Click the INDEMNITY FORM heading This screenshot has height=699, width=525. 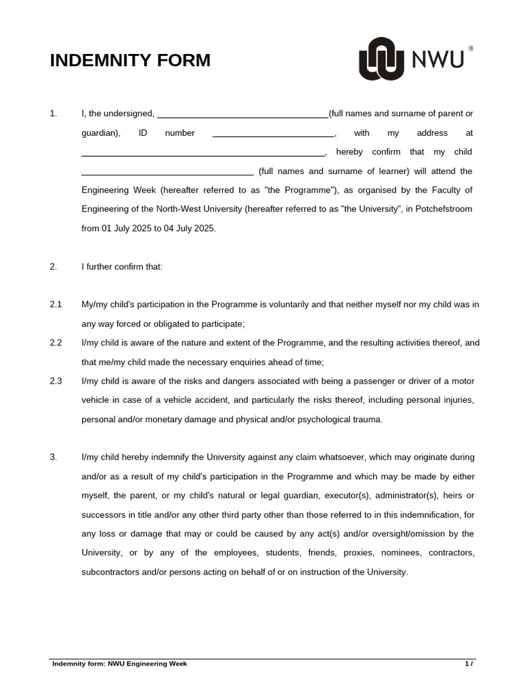tap(130, 61)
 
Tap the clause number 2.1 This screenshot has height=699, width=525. tap(55, 304)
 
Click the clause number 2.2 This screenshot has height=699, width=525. tap(55, 343)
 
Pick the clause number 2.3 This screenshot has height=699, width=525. tap(55, 381)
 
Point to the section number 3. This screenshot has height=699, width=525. tap(53, 457)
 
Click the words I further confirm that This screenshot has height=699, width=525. tap(122, 267)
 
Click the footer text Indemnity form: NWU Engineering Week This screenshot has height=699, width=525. tap(120, 664)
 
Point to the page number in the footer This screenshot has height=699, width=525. tap(469, 664)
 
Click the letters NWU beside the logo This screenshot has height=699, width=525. tap(438, 60)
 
